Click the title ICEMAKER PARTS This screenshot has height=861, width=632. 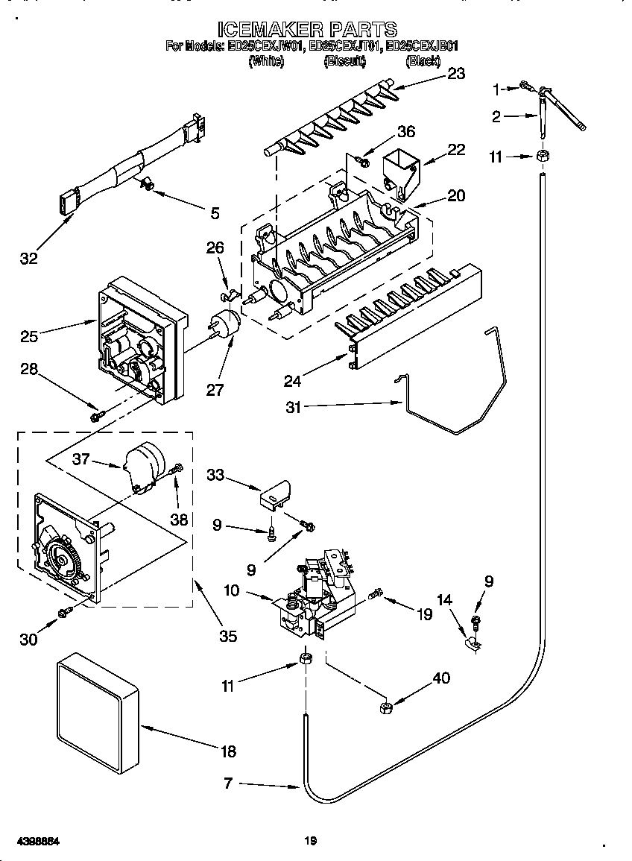click(x=306, y=29)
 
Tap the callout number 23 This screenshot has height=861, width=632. click(x=455, y=73)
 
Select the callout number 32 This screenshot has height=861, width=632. click(x=29, y=259)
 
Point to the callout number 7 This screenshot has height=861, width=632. click(x=229, y=783)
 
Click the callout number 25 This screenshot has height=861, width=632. click(x=29, y=336)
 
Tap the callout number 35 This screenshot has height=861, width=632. click(x=228, y=636)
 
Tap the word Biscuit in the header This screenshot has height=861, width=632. click(x=344, y=62)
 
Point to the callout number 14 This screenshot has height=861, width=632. click(x=443, y=599)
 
